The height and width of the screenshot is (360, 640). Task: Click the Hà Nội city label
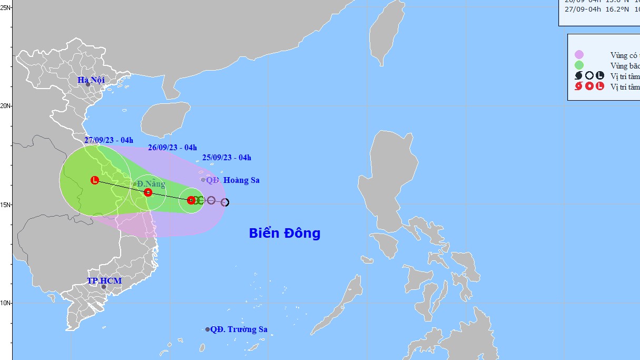click(91, 80)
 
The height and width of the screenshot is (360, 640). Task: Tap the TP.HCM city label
click(104, 280)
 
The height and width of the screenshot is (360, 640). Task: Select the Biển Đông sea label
click(284, 233)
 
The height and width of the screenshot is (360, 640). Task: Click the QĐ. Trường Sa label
click(239, 329)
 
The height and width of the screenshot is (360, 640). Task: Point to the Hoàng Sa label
click(241, 180)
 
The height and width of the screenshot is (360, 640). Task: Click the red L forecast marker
click(95, 180)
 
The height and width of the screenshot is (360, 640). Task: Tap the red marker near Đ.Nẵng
click(148, 192)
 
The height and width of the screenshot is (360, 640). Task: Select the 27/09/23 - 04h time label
click(109, 140)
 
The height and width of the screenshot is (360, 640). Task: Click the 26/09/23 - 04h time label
click(172, 148)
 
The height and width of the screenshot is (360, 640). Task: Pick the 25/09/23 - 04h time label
click(227, 158)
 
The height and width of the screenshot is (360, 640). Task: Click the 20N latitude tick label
click(6, 105)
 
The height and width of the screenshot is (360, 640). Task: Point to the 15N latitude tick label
click(6, 205)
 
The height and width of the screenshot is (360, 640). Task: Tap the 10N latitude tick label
click(6, 303)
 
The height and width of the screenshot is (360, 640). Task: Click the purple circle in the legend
click(579, 55)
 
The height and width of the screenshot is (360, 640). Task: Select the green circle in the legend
click(579, 65)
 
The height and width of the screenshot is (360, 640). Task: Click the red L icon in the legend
click(600, 86)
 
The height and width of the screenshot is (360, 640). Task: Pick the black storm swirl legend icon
click(579, 76)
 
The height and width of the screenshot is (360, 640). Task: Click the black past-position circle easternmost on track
click(225, 202)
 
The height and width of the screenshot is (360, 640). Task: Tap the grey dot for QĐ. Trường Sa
click(208, 329)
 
